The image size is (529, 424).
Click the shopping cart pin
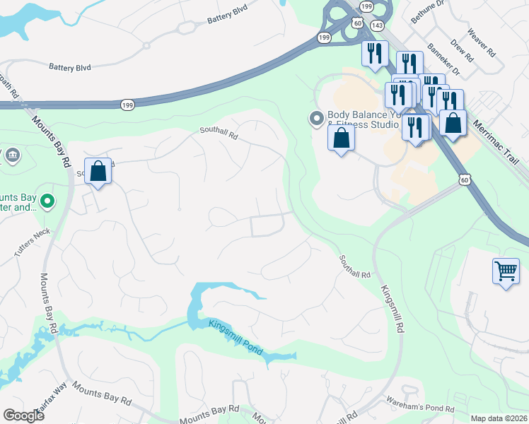pos(506,271)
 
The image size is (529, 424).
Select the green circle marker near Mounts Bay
pos(47,201)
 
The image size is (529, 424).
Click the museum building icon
pos(12,155)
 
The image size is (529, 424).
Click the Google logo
pos(23,415)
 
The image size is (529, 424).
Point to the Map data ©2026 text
pos(499,418)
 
